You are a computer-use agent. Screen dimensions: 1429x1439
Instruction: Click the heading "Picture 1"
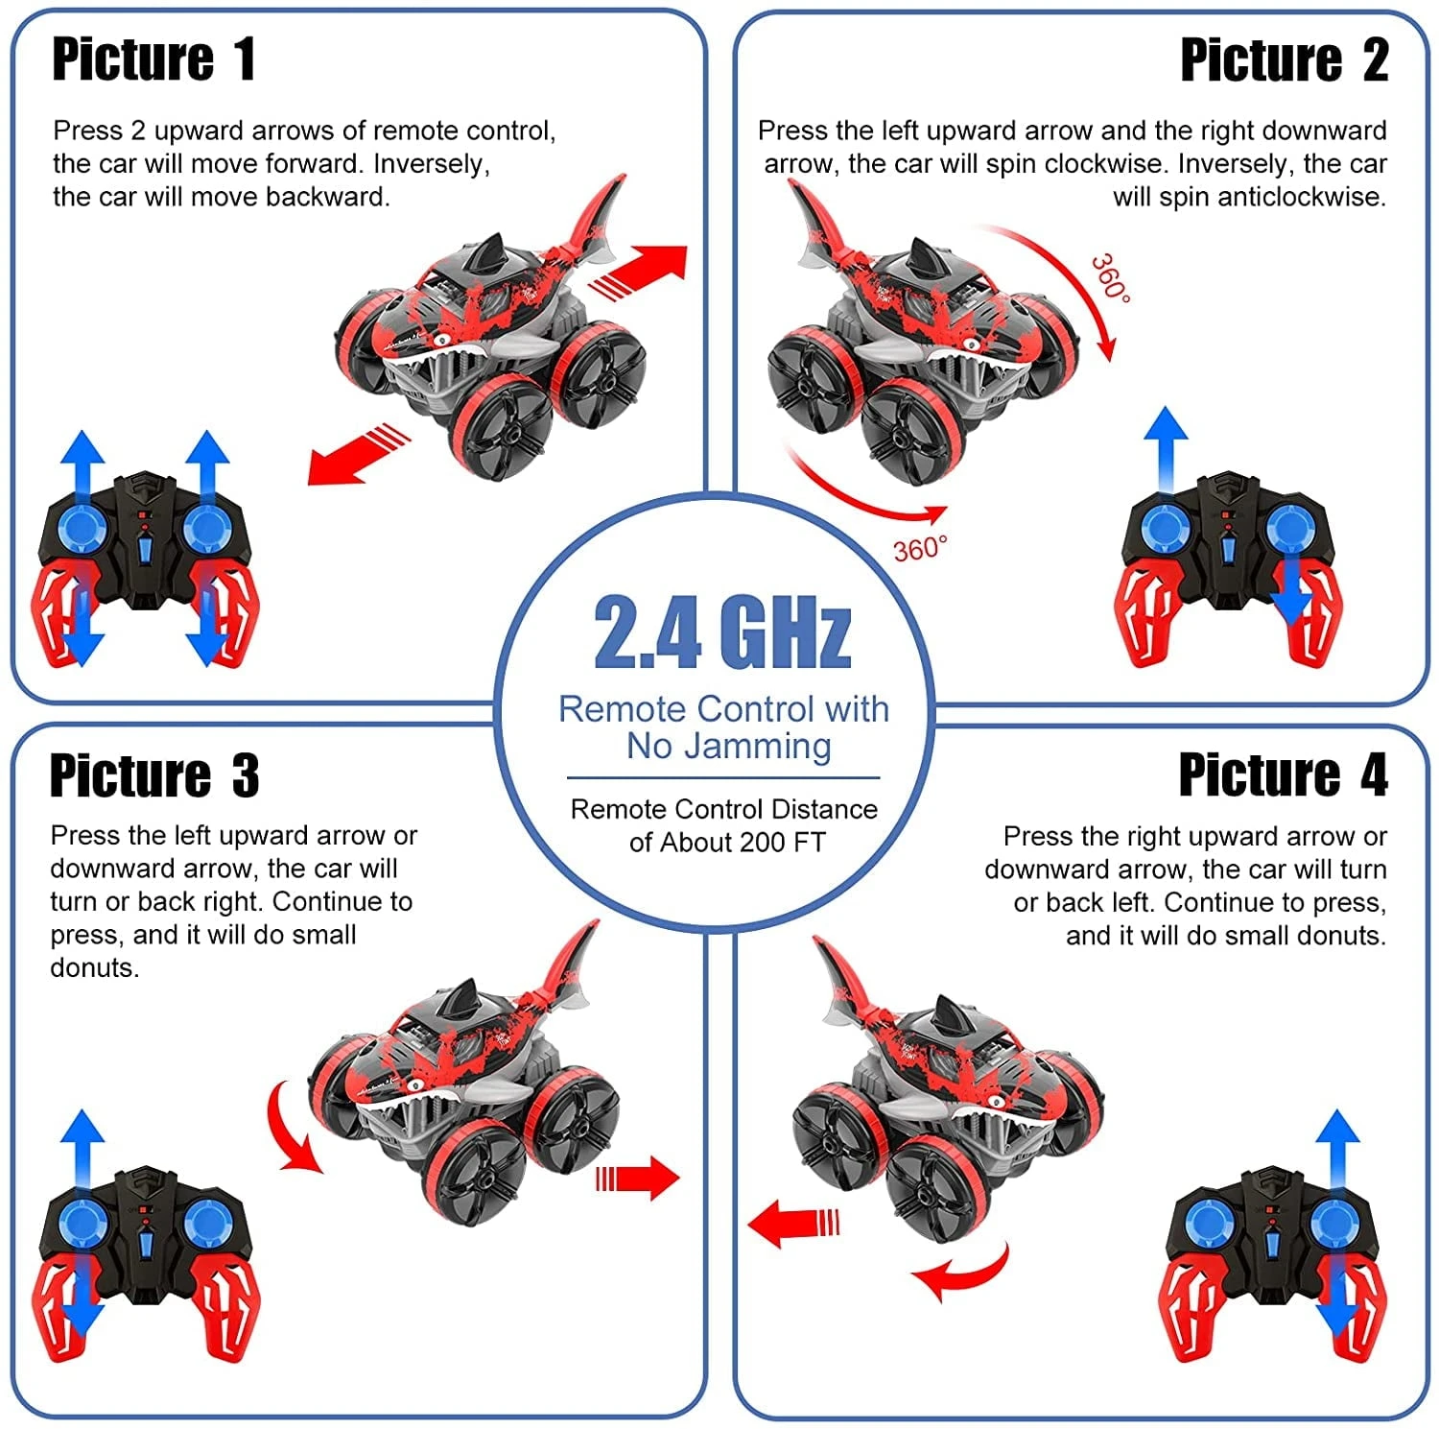point(153,60)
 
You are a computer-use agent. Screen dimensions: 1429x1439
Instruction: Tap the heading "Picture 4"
point(1283,774)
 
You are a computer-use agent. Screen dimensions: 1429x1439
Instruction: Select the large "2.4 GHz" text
point(722,632)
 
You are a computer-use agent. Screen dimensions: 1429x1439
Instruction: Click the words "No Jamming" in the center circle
point(728,746)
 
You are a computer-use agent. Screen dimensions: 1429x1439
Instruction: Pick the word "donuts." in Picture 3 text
point(94,967)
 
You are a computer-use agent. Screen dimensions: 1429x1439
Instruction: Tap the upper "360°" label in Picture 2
point(1111,277)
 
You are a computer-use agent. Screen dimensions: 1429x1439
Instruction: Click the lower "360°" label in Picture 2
point(919,548)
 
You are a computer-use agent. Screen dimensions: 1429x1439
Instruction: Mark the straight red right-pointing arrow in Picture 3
point(638,1178)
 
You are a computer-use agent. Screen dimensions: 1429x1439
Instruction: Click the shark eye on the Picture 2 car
point(971,344)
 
